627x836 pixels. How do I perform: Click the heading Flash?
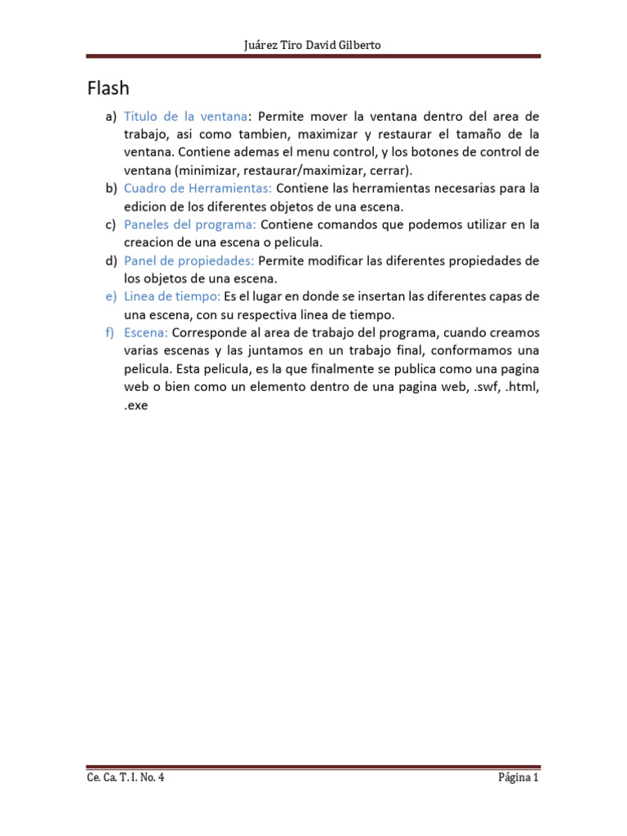pos(109,87)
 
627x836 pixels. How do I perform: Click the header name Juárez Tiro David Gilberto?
pos(313,45)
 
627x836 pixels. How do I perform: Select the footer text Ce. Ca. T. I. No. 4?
pos(126,778)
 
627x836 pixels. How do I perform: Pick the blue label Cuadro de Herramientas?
pos(198,188)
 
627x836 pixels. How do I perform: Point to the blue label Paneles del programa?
pos(190,224)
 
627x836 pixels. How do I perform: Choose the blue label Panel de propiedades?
pos(189,260)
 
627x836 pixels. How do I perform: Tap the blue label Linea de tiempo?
pos(172,296)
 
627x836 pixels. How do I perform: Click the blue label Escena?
pos(146,332)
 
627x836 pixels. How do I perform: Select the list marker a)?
pos(111,116)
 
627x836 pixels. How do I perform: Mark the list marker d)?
pos(111,260)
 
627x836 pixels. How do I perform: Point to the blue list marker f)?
pos(111,332)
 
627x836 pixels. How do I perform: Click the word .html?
pos(522,386)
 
